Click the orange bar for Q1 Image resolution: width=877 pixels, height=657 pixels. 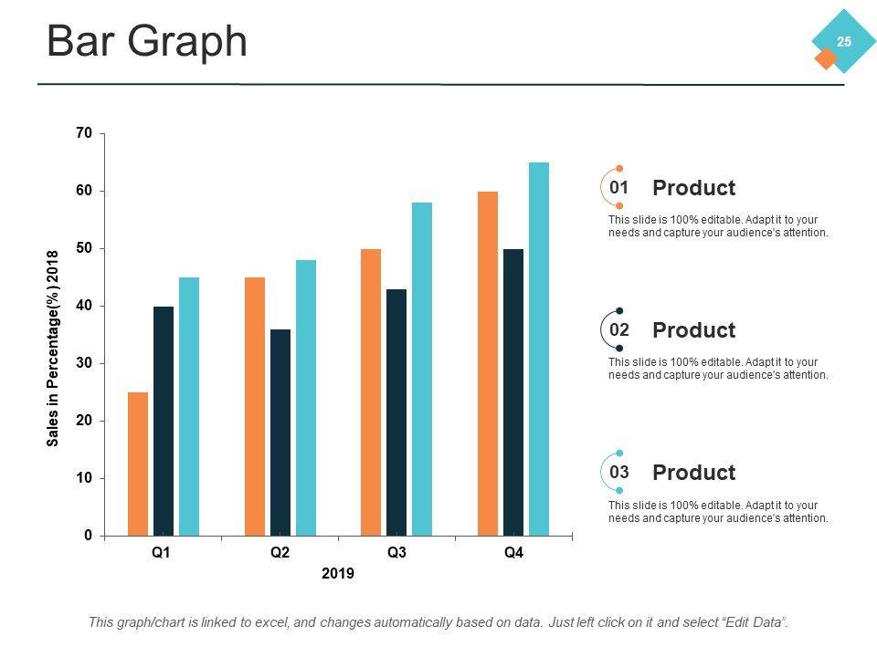138,464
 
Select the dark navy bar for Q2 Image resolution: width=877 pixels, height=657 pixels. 280,433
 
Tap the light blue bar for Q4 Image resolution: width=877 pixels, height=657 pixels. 539,349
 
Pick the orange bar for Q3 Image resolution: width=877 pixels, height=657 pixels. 371,392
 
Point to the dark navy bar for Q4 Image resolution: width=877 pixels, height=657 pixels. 513,392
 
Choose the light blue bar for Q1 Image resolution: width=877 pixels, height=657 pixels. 189,406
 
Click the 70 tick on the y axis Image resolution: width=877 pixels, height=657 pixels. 85,133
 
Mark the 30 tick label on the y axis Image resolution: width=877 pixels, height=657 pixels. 85,363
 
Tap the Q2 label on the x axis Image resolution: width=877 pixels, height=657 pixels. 280,553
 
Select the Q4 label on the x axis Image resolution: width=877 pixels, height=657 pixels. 513,553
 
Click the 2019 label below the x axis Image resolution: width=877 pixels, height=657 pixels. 338,574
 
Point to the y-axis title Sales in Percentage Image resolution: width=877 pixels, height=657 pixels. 53,349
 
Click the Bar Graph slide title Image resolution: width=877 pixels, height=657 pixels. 147,42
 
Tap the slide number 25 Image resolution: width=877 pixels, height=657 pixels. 844,41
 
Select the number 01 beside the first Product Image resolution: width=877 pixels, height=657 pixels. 619,187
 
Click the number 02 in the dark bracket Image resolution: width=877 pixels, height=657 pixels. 619,329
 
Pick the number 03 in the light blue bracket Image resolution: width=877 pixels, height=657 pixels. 619,472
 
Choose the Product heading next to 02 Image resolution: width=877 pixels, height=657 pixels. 693,330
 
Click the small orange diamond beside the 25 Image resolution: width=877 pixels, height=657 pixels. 826,58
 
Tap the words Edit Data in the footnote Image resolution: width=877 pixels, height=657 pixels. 755,622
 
